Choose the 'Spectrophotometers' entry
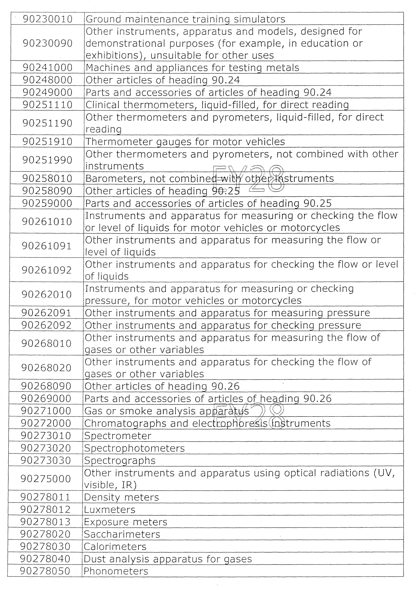pyautogui.click(x=134, y=448)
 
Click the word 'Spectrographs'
pyautogui.click(x=120, y=460)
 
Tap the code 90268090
pyautogui.click(x=46, y=386)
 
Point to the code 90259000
pyautogui.click(x=47, y=203)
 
